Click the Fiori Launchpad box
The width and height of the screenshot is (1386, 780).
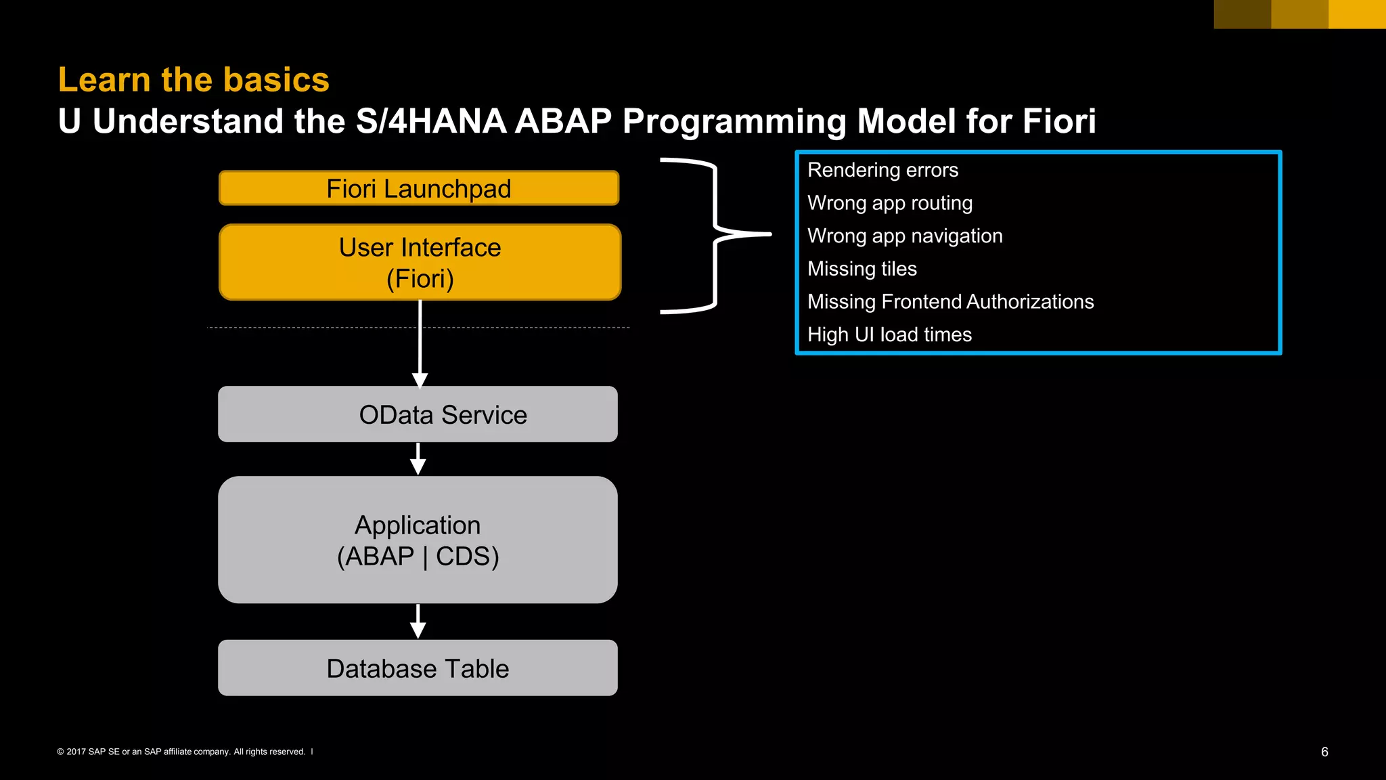419,188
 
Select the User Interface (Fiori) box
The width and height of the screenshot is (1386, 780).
420,262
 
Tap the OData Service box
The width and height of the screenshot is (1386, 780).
418,414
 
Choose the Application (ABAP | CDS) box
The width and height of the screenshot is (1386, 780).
418,540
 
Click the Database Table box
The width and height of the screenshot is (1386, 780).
418,668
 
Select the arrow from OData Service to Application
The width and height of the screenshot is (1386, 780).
418,459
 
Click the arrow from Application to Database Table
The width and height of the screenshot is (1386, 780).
418,622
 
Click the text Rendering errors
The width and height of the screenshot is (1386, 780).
882,170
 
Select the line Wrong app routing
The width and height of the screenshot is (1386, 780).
889,203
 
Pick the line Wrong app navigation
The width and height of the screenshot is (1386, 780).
904,236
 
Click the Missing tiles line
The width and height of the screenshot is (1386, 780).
862,269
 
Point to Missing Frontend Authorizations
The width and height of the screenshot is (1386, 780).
950,301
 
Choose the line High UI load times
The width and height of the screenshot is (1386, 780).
889,334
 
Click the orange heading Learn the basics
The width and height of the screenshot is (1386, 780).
194,80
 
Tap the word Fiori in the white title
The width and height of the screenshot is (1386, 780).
1058,122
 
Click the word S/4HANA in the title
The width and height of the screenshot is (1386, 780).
431,122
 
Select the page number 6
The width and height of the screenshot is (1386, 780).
1324,752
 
